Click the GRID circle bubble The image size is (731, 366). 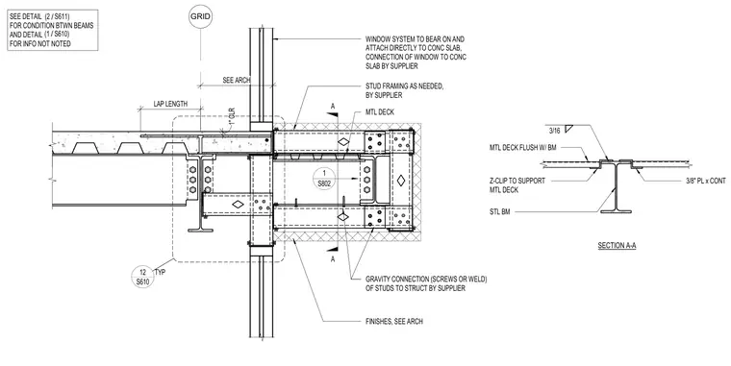(x=200, y=17)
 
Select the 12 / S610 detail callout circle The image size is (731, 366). (x=142, y=277)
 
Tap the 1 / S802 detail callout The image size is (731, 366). (x=324, y=179)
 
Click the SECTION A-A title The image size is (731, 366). (x=617, y=245)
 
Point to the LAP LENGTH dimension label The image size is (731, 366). (x=170, y=104)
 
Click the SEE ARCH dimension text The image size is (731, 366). (x=237, y=80)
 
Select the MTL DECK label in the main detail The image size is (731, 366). (x=380, y=111)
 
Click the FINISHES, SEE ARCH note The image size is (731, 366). (x=394, y=321)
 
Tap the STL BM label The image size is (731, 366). (x=500, y=212)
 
